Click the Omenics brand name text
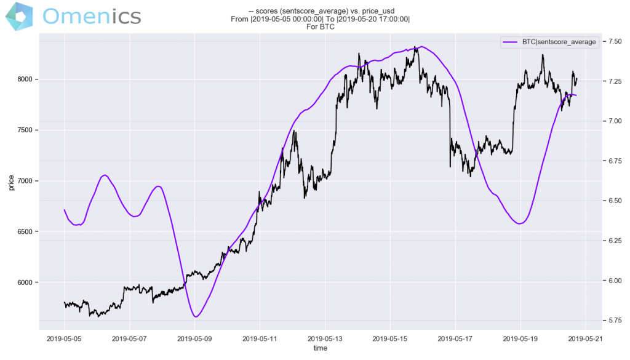click(93, 16)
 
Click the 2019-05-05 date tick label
click(64, 338)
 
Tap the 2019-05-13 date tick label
click(325, 338)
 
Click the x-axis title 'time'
click(320, 348)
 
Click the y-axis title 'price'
click(11, 182)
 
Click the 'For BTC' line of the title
click(320, 27)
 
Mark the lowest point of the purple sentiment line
click(196, 317)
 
